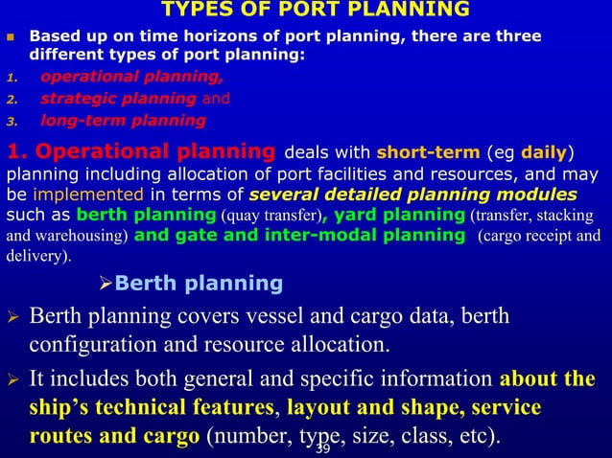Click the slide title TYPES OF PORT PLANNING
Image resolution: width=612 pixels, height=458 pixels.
(316, 11)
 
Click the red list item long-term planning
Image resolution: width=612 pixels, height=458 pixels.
(123, 121)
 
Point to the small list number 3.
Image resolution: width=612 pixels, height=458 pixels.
(12, 122)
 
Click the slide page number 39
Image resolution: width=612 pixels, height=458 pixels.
(322, 449)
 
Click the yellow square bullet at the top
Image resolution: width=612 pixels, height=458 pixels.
(12, 38)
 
